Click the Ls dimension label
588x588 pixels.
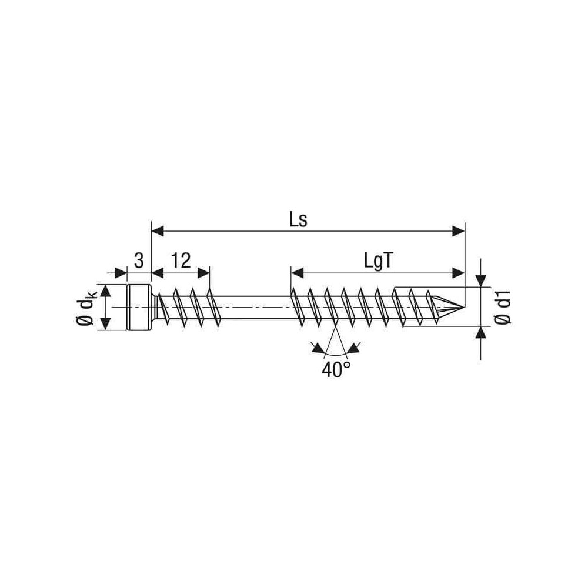coord(298,220)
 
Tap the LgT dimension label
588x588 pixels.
coord(379,260)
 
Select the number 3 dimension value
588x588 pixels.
coord(139,260)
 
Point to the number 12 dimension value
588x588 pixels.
coord(181,260)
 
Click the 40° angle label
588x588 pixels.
coord(336,370)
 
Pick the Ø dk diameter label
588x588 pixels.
coord(86,308)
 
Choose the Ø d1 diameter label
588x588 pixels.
coord(503,306)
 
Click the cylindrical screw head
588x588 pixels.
coord(139,308)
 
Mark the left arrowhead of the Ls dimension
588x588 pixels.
coord(158,231)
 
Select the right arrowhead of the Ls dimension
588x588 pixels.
coord(459,231)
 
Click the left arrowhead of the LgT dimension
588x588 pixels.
coord(297,273)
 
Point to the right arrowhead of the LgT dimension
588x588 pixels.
coord(459,273)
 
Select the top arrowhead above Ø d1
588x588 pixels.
coord(481,281)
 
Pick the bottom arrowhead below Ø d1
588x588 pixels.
coord(481,333)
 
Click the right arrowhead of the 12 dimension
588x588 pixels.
coord(203,273)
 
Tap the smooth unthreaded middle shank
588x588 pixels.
coord(255,308)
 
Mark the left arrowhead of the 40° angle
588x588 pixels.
coord(318,348)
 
